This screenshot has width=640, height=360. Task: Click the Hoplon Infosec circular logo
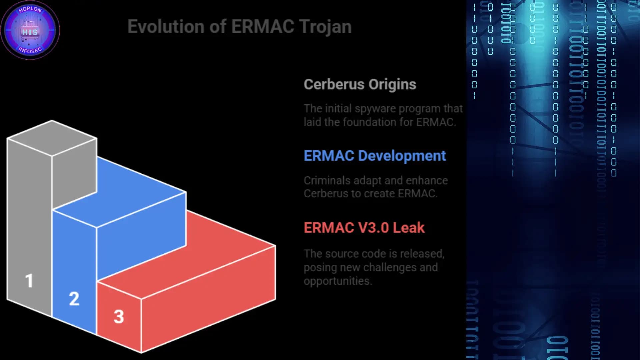tap(30, 30)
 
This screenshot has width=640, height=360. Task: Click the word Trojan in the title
tap(325, 27)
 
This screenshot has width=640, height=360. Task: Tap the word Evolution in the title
tap(166, 27)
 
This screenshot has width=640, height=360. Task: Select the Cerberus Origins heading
tap(360, 84)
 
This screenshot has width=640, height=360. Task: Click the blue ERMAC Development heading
tap(375, 156)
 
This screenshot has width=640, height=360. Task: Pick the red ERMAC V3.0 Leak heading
tap(364, 228)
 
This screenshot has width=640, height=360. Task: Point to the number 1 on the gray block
tap(29, 281)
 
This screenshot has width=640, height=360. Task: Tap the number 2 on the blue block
tap(74, 299)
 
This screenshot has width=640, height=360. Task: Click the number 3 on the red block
tap(119, 317)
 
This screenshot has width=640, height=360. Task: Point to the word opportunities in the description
tap(337, 281)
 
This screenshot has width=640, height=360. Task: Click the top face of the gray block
tap(52, 138)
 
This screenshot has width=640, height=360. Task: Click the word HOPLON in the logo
tap(30, 9)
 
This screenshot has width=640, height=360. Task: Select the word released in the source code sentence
tap(422, 254)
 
